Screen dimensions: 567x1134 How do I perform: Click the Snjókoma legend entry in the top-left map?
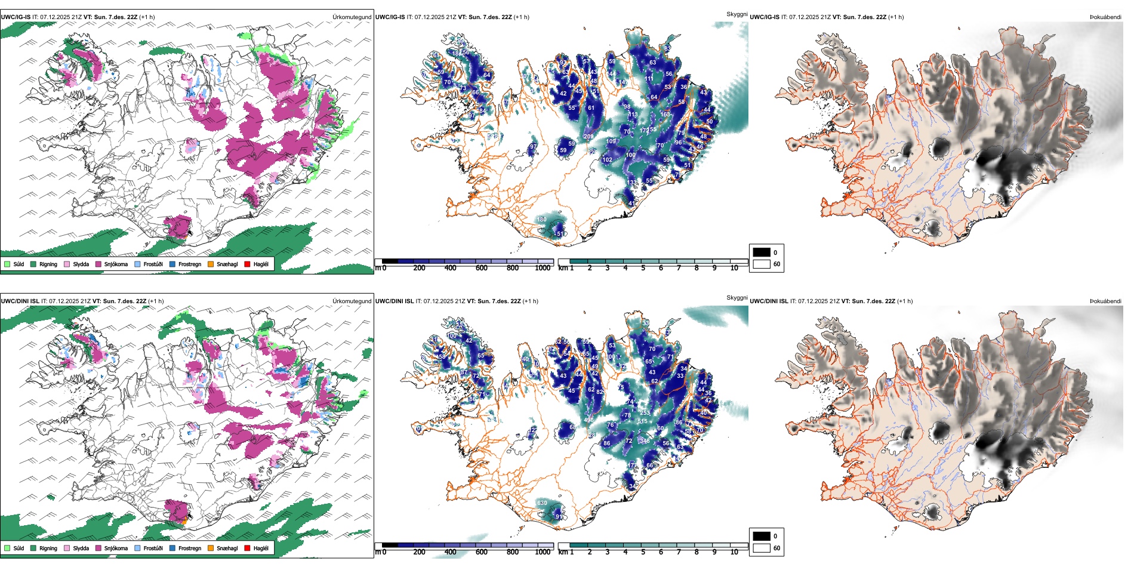[116, 264]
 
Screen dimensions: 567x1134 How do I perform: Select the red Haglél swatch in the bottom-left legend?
[247, 548]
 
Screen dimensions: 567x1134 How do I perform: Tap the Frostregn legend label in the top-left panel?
[189, 264]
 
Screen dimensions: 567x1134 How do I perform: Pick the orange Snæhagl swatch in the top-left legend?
[211, 264]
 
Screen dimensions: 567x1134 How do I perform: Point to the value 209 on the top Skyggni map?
[588, 137]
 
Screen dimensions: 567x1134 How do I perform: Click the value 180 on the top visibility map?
[541, 219]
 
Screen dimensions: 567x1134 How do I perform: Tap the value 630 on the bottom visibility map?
[542, 503]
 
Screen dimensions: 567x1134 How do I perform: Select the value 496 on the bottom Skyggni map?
[588, 420]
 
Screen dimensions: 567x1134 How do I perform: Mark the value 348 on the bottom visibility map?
[645, 441]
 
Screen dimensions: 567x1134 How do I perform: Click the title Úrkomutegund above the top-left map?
[352, 17]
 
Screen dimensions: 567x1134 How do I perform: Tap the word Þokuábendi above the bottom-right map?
[1105, 301]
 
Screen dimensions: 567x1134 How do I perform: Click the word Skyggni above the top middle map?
[737, 14]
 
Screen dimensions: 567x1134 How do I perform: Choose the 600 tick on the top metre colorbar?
[481, 268]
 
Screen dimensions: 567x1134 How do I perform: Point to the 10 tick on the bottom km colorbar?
[734, 552]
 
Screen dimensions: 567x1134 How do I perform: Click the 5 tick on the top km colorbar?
[643, 268]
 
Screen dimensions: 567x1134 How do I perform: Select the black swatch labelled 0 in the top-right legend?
[762, 252]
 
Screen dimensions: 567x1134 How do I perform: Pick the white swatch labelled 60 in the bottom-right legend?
[762, 548]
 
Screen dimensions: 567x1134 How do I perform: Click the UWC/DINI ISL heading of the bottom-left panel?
[20, 301]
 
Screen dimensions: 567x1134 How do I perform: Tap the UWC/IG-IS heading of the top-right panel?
[765, 17]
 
